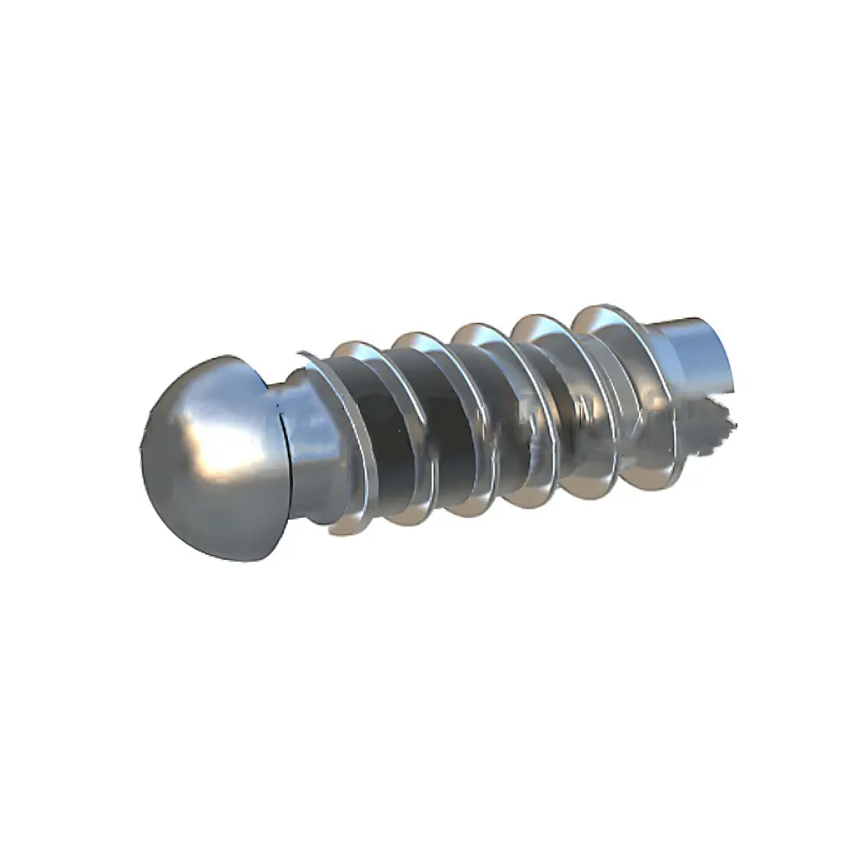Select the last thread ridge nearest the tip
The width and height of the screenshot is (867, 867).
(x=646, y=390)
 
